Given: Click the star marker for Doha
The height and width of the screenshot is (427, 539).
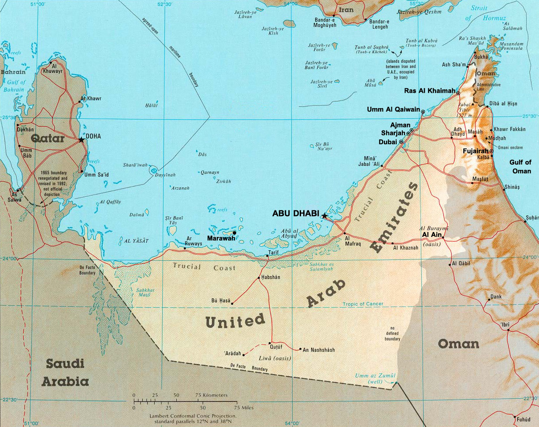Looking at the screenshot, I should (x=81, y=140).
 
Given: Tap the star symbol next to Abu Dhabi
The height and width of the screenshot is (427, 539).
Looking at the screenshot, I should (x=324, y=216).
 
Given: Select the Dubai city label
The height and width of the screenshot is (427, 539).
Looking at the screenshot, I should (x=388, y=142).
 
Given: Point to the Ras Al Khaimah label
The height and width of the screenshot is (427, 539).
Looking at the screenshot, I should (x=430, y=91).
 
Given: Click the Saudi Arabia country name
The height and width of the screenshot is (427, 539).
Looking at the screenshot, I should (x=65, y=373).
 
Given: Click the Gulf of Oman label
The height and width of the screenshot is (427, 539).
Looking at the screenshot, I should (x=520, y=166).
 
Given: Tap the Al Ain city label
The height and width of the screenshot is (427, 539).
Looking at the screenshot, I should (x=431, y=235).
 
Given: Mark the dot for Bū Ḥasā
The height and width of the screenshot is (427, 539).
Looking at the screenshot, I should (x=232, y=303).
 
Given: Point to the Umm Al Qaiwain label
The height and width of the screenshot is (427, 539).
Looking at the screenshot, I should (x=393, y=109).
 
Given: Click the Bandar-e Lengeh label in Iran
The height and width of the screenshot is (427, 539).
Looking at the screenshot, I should (x=379, y=24).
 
